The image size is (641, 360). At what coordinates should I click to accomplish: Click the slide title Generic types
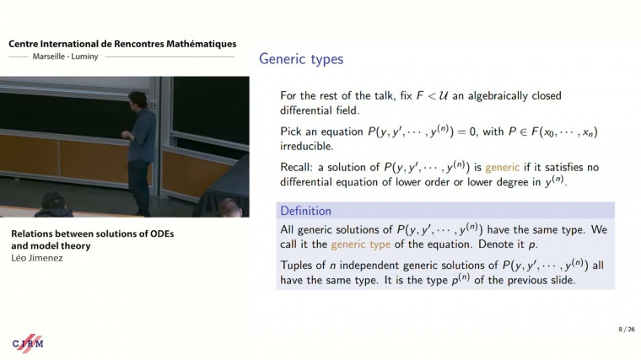coord(301,59)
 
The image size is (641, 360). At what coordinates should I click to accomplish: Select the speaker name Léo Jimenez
coord(37,259)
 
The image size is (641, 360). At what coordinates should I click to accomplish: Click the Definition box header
coord(305,211)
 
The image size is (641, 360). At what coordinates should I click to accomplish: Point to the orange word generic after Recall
coord(502,168)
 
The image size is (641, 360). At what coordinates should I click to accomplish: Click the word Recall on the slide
coord(296,168)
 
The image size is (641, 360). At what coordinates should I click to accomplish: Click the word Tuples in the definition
coord(297,266)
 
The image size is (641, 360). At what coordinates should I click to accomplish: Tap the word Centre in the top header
coord(25,44)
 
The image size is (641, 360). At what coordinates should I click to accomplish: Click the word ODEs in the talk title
coord(156,233)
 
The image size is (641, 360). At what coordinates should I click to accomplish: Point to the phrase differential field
coord(321,110)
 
